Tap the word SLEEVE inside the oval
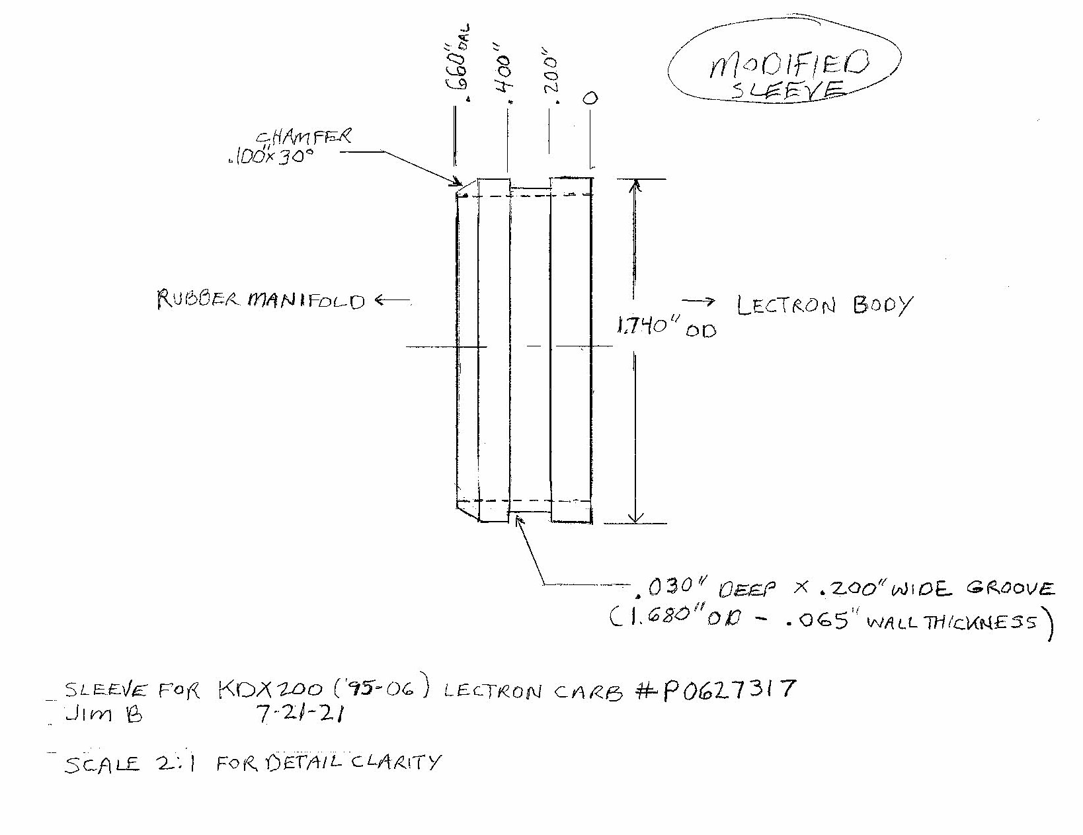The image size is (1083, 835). coord(787,91)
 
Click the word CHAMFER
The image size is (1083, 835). coord(303,138)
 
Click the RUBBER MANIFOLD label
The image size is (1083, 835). coord(261,301)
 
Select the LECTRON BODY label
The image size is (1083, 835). coord(824,306)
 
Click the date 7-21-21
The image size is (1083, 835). coord(298,714)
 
